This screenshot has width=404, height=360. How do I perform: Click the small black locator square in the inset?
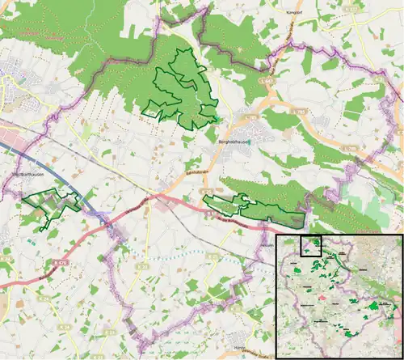311,245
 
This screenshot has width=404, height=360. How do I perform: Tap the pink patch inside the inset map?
322,296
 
